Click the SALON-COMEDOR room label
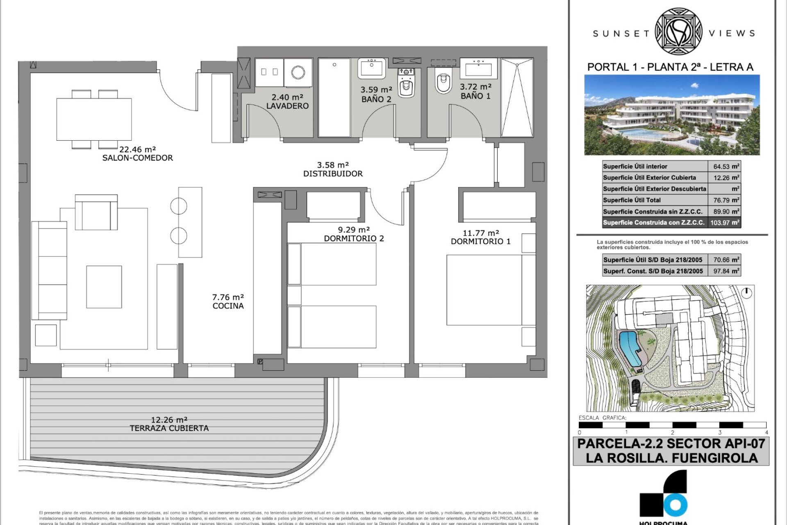click(x=137, y=158)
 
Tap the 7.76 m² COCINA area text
click(x=228, y=301)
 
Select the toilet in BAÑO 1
click(x=443, y=83)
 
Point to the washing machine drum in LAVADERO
click(x=298, y=73)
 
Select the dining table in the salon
click(x=94, y=119)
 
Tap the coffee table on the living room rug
click(x=104, y=287)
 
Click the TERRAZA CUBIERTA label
click(x=169, y=428)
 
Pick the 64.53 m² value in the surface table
click(x=724, y=167)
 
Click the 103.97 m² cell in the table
click(x=724, y=223)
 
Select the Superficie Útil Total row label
click(x=632, y=200)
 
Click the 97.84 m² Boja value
click(x=724, y=271)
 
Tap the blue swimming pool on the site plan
click(x=629, y=349)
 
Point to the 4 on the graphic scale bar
click(x=766, y=432)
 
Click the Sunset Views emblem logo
click(x=679, y=32)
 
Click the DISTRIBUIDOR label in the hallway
click(x=333, y=174)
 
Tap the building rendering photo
click(x=672, y=115)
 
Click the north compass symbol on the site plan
click(x=747, y=292)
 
